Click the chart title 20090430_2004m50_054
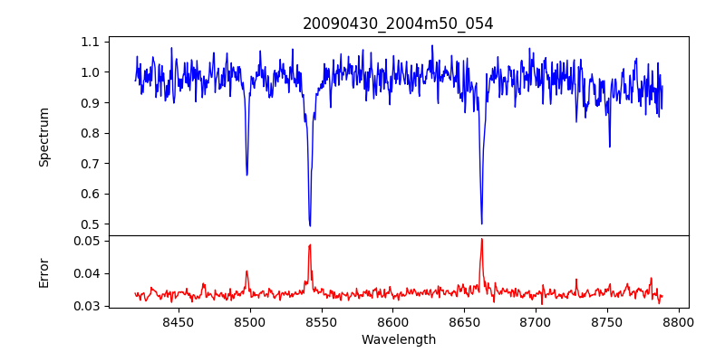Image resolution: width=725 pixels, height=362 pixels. click(x=398, y=24)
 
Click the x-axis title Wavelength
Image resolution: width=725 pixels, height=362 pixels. click(x=398, y=339)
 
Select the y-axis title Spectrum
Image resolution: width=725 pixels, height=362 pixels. click(x=44, y=137)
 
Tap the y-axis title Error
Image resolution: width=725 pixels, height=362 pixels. click(x=44, y=271)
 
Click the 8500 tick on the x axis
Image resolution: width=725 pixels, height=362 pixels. click(x=249, y=321)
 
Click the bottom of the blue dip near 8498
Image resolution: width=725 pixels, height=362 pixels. click(x=246, y=175)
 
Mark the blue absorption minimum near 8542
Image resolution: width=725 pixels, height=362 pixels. click(x=310, y=226)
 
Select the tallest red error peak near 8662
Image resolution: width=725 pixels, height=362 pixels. click(x=482, y=239)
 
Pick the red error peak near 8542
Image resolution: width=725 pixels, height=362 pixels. click(x=310, y=244)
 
